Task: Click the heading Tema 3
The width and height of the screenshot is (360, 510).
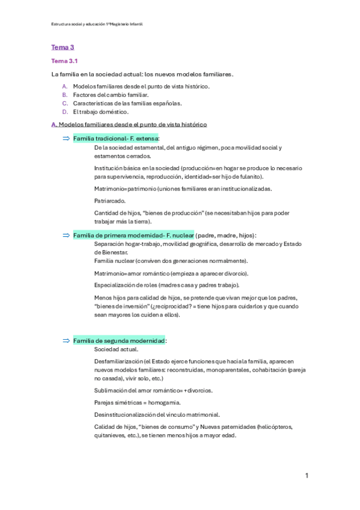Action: click(62, 47)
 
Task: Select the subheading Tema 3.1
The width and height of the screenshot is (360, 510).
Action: click(64, 61)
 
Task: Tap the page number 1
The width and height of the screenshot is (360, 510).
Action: click(307, 476)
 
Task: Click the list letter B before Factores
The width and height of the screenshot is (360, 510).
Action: click(64, 94)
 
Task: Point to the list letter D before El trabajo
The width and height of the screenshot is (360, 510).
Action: click(64, 111)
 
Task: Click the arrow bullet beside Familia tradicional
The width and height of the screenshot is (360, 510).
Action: click(66, 138)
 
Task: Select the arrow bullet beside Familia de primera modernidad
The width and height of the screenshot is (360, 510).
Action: click(66, 235)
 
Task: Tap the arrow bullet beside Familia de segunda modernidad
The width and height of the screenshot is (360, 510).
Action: click(66, 341)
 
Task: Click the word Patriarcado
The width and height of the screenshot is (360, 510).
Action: click(109, 200)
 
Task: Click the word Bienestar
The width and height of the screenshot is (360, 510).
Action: click(110, 253)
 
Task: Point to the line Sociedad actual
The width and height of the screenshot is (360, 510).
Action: click(116, 349)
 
